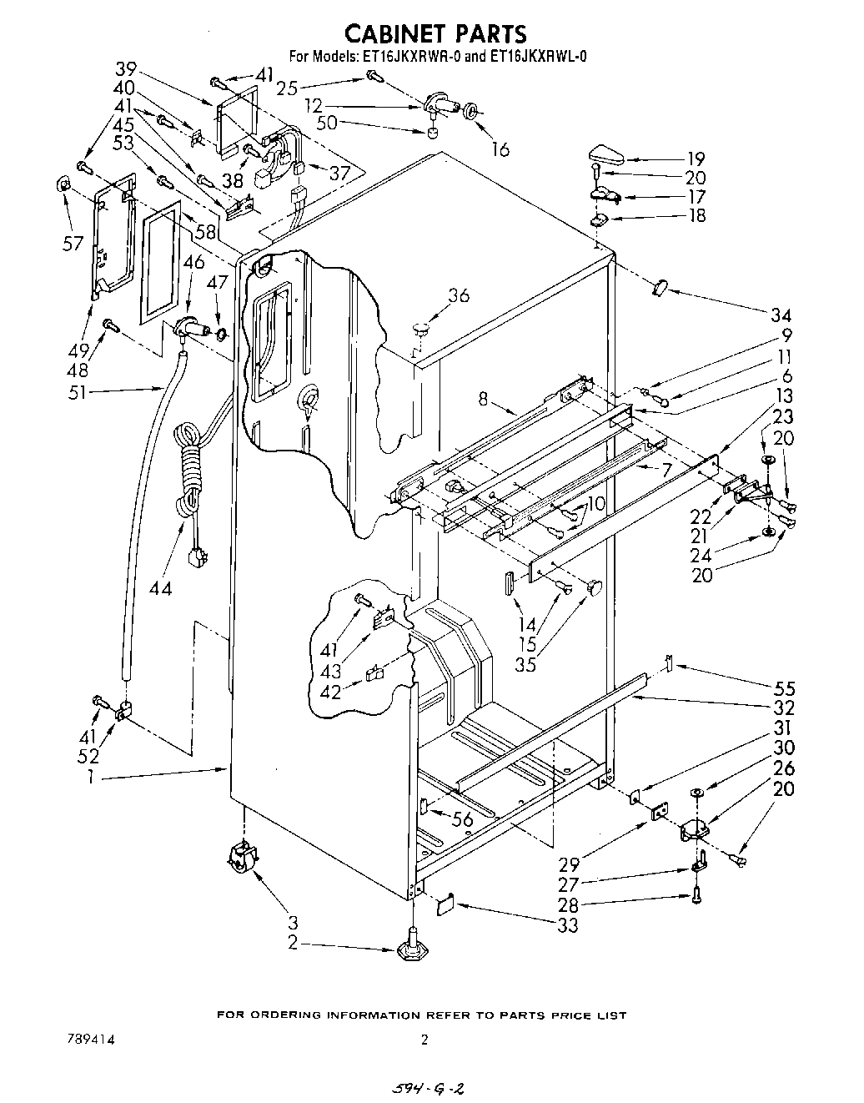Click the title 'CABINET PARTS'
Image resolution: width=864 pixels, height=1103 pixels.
click(435, 33)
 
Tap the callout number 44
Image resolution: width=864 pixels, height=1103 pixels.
click(160, 587)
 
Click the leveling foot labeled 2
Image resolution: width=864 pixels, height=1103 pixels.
click(411, 950)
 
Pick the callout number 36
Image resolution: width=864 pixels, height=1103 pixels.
click(458, 295)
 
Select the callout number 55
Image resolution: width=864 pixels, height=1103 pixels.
click(784, 688)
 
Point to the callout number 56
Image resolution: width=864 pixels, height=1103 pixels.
click(462, 820)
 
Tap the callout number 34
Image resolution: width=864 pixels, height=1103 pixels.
click(781, 315)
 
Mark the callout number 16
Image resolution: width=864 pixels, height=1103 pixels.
click(500, 149)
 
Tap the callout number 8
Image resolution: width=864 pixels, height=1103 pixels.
click(483, 399)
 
